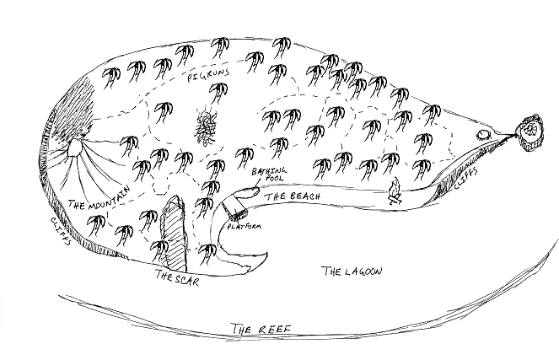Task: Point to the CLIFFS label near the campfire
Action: click(465, 180)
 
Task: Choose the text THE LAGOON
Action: click(352, 271)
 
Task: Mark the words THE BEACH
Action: click(291, 196)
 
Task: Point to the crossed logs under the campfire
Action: click(394, 200)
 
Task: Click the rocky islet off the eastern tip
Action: click(529, 132)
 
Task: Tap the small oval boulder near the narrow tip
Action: click(485, 135)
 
